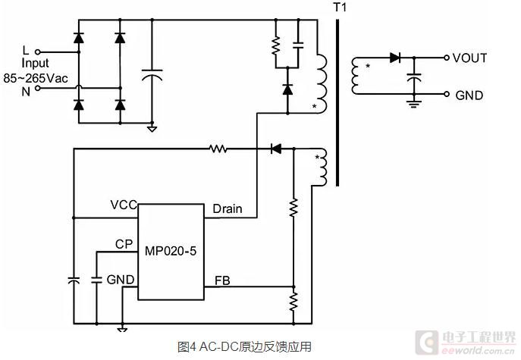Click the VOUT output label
470,58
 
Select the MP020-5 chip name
170,251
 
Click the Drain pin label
228,208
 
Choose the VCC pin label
123,205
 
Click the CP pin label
124,244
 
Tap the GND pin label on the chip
121,280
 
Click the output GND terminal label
469,95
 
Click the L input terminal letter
26,49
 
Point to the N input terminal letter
26,91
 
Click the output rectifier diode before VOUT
394,57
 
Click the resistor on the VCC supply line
218,149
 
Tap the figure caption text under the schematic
244,346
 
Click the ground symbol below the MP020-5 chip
123,327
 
